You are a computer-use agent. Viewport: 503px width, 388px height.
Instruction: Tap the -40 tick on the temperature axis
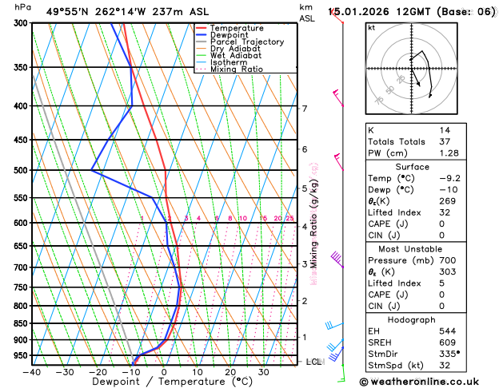(32, 371)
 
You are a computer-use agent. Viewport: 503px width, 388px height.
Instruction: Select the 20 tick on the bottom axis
(230, 371)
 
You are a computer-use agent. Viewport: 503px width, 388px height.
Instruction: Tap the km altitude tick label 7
(304, 109)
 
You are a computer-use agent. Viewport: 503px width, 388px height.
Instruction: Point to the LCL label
(313, 362)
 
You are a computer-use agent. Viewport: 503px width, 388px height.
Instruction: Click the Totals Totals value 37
(444, 141)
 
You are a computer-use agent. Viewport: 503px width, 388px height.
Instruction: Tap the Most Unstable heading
(429, 249)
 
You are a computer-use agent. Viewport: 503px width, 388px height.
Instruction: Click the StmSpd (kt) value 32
(444, 366)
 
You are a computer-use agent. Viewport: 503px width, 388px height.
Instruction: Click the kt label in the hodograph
(371, 28)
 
